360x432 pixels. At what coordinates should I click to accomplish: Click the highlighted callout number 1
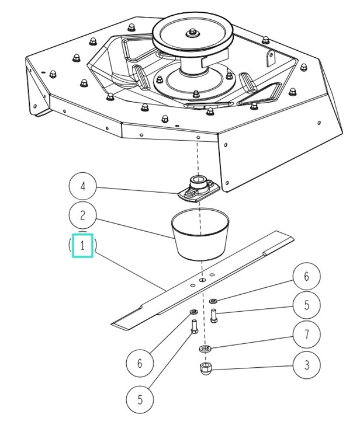82,246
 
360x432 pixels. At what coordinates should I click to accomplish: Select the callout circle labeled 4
82,187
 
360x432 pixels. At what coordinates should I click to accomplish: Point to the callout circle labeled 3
307,366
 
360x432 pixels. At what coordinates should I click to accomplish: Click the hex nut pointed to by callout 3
205,368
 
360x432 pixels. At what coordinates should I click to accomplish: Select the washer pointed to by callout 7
205,350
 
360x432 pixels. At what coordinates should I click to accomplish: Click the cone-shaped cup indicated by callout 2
199,236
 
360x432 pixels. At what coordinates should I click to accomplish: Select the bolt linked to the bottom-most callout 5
194,337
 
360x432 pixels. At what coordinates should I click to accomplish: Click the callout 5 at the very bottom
140,400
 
